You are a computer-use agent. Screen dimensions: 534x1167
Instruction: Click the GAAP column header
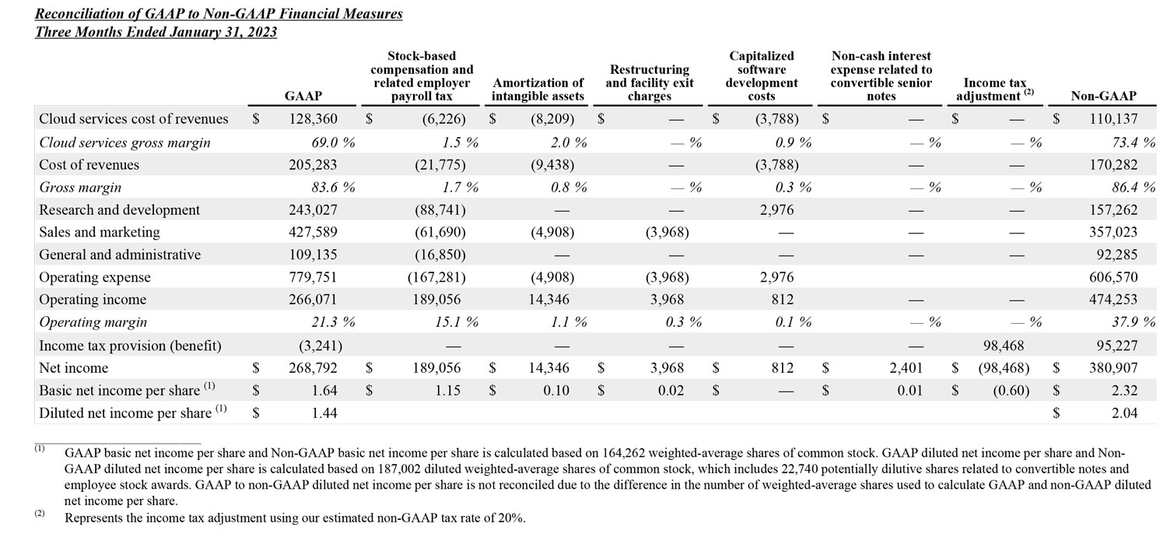point(303,96)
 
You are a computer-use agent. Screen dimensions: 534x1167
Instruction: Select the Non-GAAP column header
point(1103,96)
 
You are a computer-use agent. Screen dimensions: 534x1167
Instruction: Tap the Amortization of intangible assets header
point(538,90)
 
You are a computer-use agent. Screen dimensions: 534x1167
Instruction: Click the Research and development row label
point(119,210)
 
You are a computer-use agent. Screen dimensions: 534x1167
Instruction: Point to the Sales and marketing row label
point(100,232)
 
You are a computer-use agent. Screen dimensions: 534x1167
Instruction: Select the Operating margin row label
point(93,322)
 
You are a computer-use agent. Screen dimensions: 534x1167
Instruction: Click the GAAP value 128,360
point(314,120)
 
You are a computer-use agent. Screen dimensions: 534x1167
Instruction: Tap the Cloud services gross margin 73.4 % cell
point(1128,142)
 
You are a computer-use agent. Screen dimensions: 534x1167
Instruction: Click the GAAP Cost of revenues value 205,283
point(314,165)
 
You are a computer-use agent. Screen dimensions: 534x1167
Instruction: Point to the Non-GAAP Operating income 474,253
point(1114,300)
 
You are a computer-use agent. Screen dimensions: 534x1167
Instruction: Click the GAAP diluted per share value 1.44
point(324,413)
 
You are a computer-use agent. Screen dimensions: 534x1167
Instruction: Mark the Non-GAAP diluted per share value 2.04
point(1124,413)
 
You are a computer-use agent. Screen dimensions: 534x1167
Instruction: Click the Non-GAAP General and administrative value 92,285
point(1117,255)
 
